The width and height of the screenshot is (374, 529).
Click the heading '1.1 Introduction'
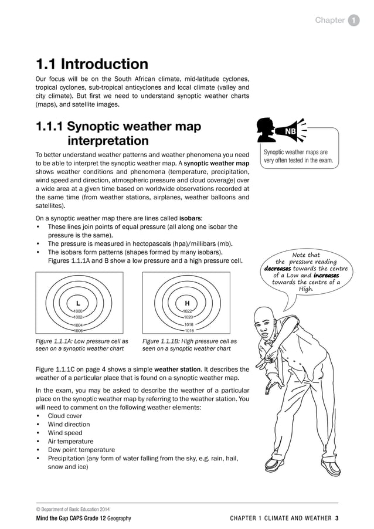pos(92,64)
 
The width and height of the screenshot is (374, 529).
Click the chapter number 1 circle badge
pos(354,21)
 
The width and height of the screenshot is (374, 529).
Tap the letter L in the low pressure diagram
pos(78,303)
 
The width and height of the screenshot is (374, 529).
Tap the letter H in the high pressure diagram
pos(186,303)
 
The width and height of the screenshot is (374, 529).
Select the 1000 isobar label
pos(78,311)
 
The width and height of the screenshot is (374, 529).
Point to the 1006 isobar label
pos(78,330)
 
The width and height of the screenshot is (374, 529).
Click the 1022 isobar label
pos(188,311)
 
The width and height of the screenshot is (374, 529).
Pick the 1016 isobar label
pos(188,330)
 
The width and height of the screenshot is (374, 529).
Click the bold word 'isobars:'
pos(191,218)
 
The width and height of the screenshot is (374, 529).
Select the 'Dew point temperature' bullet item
pos(81,450)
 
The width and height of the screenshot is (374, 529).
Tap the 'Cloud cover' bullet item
pos(64,416)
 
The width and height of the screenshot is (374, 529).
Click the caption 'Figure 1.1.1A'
pos(57,341)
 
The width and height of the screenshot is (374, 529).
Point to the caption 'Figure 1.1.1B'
pos(164,341)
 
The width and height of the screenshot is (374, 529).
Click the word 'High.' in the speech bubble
pos(306,289)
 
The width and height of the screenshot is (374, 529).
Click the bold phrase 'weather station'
pos(177,369)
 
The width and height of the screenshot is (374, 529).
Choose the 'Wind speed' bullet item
pos(64,433)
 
